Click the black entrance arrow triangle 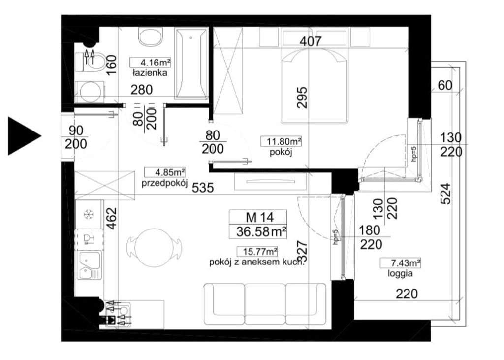(23, 136)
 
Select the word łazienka (150, 73)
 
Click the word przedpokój (164, 183)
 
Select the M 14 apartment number (260, 217)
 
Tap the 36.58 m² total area (261, 231)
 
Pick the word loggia (400, 274)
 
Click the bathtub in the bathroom (191, 64)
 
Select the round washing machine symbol (90, 92)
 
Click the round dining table (154, 247)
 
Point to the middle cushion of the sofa (265, 303)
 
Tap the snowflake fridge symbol (88, 215)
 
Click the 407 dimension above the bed (310, 41)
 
